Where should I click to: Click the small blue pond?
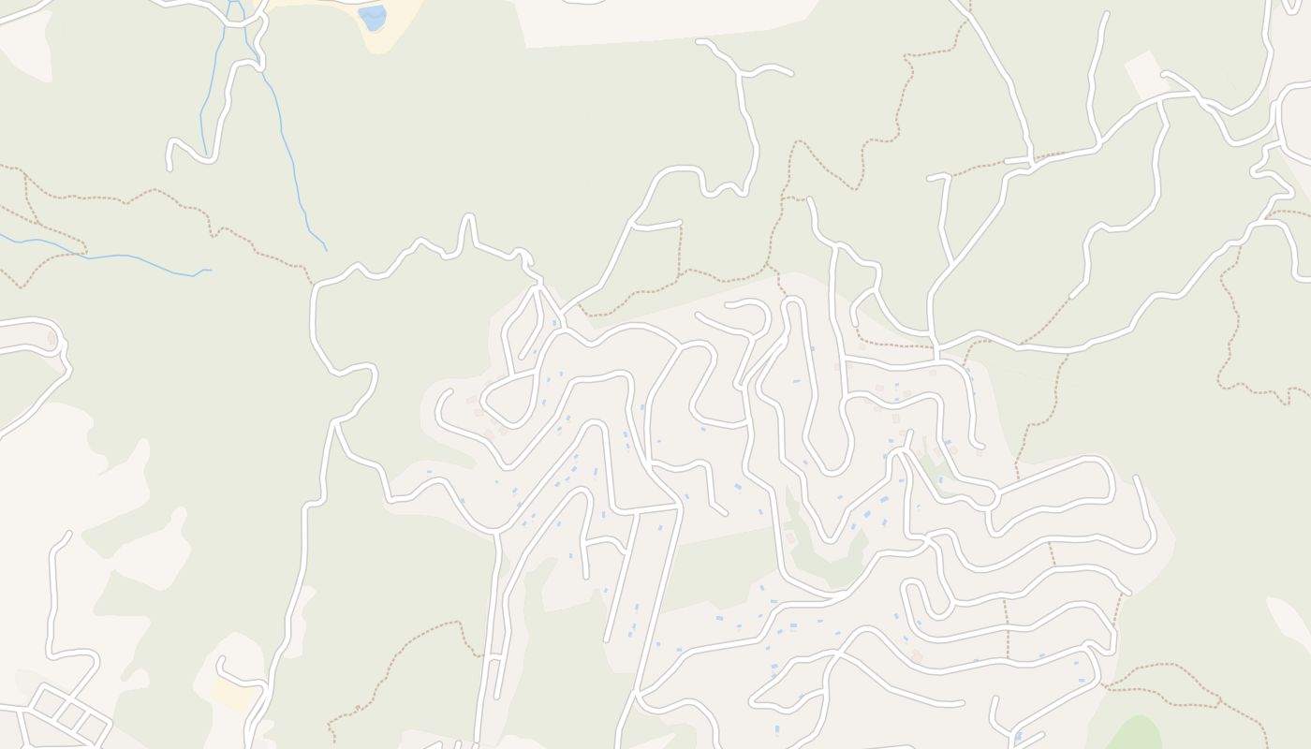coord(373,17)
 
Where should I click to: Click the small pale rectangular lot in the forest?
coord(1143,74)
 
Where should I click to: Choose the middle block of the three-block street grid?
coord(70,716)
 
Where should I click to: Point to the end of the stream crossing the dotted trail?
coord(210,271)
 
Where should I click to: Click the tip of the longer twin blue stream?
coord(326,250)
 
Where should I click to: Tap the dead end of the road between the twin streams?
coord(169,168)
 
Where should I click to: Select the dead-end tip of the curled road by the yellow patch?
coord(221,660)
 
